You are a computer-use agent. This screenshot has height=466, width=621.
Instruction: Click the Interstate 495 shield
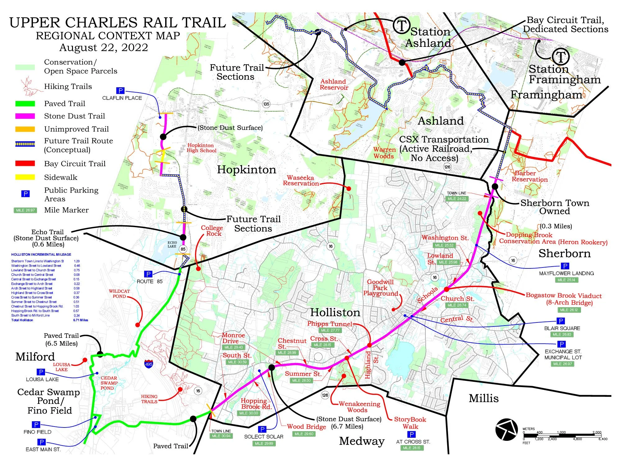coord(149,364)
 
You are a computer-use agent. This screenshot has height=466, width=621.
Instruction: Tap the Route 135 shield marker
coord(266,104)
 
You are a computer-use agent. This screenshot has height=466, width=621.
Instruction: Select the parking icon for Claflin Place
coord(120,91)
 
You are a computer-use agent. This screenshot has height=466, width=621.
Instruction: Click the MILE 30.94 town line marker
coord(221,436)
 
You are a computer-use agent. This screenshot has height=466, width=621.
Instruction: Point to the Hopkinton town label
coord(247,170)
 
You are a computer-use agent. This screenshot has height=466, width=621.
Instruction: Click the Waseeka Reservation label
coord(301,180)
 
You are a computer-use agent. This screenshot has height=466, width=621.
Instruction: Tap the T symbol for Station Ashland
coord(402,25)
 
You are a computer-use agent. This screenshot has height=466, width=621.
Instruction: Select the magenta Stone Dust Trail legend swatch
coord(25,116)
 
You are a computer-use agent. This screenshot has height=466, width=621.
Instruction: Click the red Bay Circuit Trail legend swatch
coord(25,163)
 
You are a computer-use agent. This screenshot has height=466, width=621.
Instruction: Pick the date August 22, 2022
coord(104,48)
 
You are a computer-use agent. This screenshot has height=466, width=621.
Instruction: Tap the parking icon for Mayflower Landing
coord(565,266)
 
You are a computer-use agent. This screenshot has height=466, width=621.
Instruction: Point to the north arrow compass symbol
coord(506,429)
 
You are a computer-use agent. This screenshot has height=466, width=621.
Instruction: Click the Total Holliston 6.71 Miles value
coord(80,320)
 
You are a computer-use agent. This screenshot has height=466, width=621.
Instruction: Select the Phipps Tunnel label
coord(329,324)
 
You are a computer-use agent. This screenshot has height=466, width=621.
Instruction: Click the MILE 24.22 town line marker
coord(457,199)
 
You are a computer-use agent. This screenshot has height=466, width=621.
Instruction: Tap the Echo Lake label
coord(172,244)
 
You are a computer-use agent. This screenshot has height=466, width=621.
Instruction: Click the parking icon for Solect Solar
coord(262,429)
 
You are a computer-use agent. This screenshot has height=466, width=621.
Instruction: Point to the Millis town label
coord(483,398)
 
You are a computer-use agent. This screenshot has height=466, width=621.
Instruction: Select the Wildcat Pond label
coord(119,294)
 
